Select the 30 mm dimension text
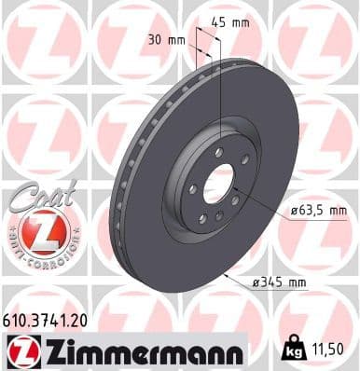[x=166, y=40]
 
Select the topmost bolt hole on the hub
[x=218, y=152]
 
